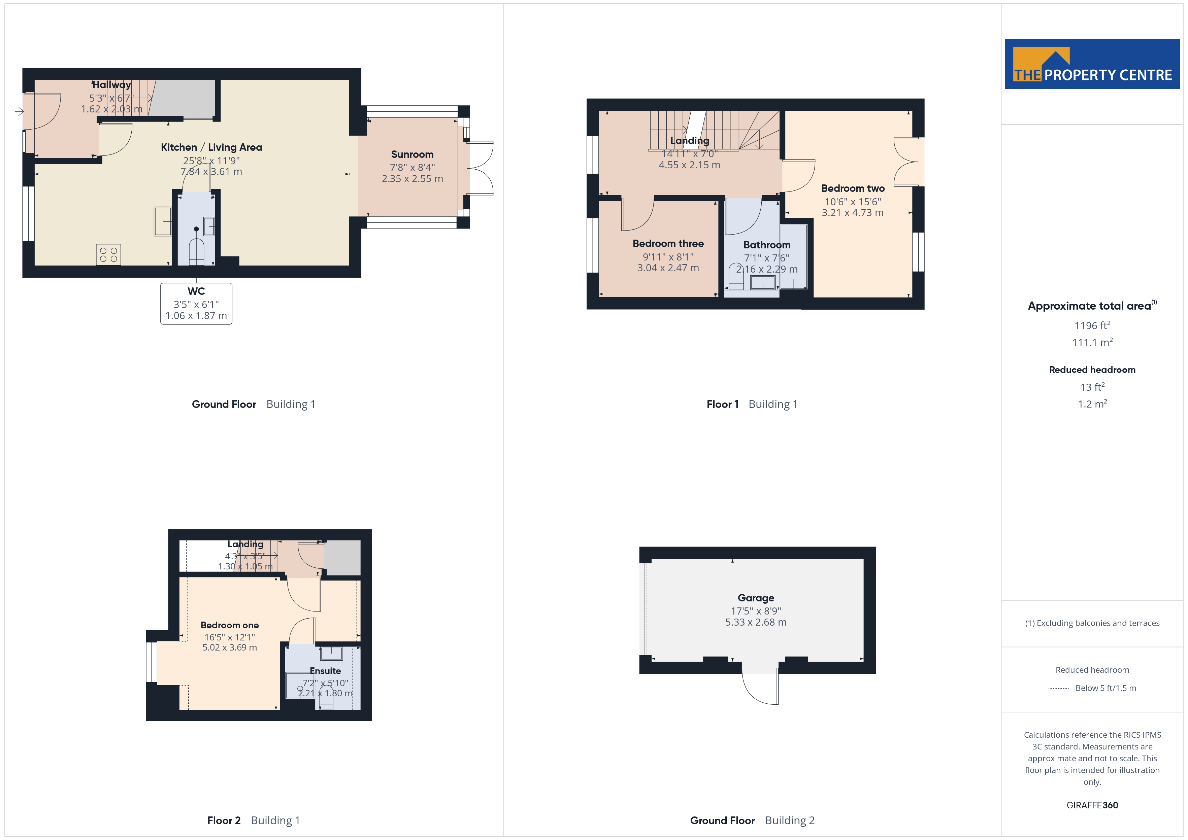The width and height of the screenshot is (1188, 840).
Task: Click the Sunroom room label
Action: tap(412, 154)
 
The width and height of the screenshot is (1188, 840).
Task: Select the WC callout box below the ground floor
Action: tap(196, 304)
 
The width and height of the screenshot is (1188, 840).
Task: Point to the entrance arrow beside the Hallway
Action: tap(19, 111)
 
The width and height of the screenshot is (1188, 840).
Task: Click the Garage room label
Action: tap(756, 598)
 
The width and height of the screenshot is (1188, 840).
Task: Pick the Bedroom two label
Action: tap(853, 188)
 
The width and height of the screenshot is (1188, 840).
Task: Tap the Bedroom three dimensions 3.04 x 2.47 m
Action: tap(668, 268)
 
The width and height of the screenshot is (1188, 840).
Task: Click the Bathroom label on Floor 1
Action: tap(767, 245)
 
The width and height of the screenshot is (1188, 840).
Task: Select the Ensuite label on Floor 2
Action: tap(326, 671)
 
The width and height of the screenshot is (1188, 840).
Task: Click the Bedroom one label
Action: tap(230, 625)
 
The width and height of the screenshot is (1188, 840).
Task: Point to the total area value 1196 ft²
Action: tap(1092, 325)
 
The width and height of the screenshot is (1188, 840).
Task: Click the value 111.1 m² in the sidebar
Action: tap(1092, 342)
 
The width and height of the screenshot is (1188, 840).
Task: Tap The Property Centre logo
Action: tap(1092, 64)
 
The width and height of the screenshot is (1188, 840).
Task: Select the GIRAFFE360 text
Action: tap(1092, 805)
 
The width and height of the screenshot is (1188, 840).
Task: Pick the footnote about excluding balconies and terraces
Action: tap(1092, 623)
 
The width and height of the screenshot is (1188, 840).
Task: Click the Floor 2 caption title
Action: tap(224, 820)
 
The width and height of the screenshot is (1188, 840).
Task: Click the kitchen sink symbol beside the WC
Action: tap(163, 221)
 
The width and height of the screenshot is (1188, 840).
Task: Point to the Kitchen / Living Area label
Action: tap(211, 147)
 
